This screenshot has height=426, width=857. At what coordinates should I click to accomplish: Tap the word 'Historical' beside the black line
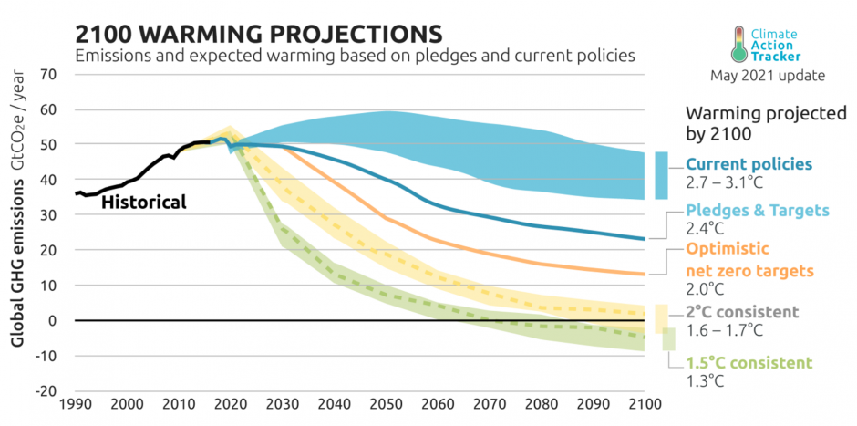143,202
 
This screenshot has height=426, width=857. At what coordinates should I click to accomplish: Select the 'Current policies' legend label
749,164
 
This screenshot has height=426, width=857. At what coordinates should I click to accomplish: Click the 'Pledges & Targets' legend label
758,211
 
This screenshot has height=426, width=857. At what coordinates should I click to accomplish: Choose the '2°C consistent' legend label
744,312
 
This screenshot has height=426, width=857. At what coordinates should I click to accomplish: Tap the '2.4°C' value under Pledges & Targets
703,229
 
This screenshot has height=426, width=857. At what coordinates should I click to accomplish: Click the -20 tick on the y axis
44,390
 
